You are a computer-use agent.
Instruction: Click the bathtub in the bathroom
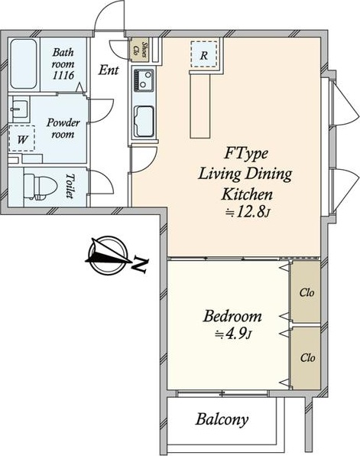pos(24,64)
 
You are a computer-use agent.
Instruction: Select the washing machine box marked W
pos(22,138)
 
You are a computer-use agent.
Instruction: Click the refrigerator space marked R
pos(204,54)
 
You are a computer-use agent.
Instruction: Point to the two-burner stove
pos(144,80)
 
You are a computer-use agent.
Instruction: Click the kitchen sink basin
pos(144,122)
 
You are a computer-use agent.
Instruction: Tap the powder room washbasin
pos(19,109)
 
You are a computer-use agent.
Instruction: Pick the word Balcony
pos(222,419)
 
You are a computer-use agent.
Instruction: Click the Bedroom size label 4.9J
pos(232,334)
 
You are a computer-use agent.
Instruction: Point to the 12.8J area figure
pos(248,213)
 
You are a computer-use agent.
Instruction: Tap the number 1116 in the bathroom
pos(63,76)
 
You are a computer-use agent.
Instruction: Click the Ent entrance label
pos(109,70)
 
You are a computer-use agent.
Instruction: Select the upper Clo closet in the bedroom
pos(306,292)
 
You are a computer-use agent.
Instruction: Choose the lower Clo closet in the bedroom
pos(306,358)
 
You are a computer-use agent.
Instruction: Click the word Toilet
pos(70,186)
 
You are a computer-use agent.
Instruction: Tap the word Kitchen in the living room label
pos(247,194)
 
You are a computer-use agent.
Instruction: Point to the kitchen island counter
pos(200,105)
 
